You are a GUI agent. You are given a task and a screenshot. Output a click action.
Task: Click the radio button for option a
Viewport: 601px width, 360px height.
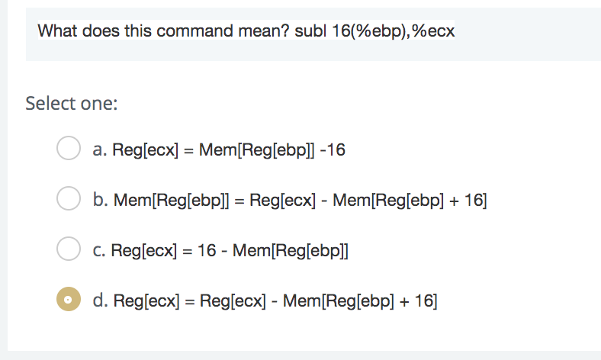[69, 149]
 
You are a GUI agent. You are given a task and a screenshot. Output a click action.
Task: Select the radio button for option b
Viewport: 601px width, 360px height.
[69, 200]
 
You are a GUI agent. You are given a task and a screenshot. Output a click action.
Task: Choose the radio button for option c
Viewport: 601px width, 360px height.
[69, 249]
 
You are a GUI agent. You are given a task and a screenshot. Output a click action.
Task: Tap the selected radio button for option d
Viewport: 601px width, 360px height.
[69, 301]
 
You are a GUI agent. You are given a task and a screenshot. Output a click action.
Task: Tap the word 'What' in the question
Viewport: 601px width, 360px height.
[56, 32]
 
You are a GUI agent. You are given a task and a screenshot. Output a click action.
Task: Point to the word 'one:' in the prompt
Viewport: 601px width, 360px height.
[100, 103]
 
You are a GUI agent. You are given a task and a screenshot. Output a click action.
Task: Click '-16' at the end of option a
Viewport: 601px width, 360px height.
[333, 150]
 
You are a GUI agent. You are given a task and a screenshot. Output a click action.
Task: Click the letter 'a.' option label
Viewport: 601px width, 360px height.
[99, 150]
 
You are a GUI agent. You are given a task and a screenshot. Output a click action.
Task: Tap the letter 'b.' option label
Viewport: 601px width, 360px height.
[100, 201]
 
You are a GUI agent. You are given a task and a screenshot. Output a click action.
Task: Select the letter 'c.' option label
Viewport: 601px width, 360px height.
[99, 250]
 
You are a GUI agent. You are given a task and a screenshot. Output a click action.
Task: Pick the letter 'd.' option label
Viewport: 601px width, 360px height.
[100, 301]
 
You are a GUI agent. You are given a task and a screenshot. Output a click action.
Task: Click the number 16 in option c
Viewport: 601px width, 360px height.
[207, 250]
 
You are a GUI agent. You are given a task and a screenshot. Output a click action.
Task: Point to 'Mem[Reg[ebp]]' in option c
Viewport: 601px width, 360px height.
[290, 250]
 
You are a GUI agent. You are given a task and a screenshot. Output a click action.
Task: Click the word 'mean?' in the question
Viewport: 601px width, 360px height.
[269, 32]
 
